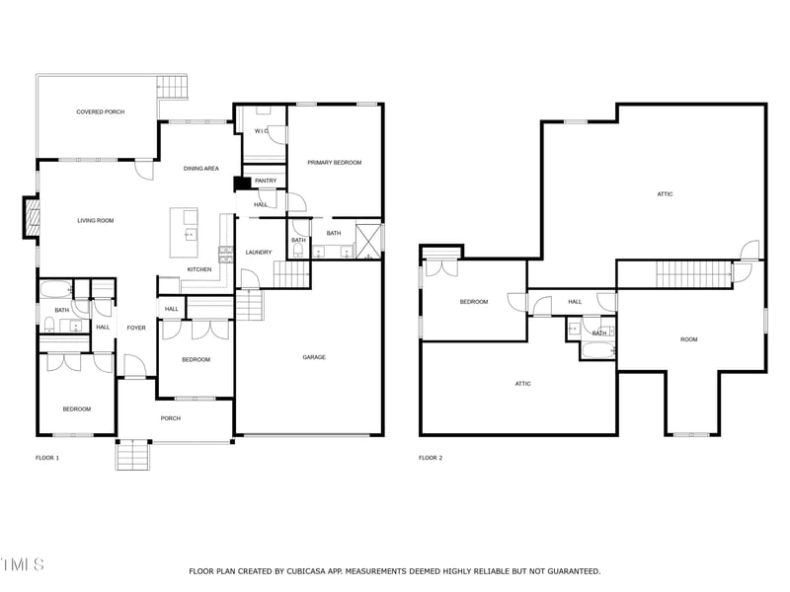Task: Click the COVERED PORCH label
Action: coord(101,111)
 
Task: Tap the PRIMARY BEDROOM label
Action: coord(335,163)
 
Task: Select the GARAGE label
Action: coord(314,357)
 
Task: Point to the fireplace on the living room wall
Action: coord(32,216)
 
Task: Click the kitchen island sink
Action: coord(191,233)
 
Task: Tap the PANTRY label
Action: coord(266,181)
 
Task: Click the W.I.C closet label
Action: coord(261,131)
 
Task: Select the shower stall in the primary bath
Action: coord(368,241)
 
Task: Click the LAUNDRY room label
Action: coord(259,253)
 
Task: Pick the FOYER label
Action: coord(136,328)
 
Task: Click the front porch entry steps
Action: coord(132,455)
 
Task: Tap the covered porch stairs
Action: coord(172,87)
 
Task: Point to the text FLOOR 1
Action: coord(47,458)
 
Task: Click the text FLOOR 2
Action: coord(431,458)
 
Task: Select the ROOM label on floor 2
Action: coord(688,339)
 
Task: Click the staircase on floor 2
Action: coord(693,274)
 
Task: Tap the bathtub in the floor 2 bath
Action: coord(597,350)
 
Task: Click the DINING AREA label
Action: coord(201,169)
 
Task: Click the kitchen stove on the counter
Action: coord(226,255)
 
